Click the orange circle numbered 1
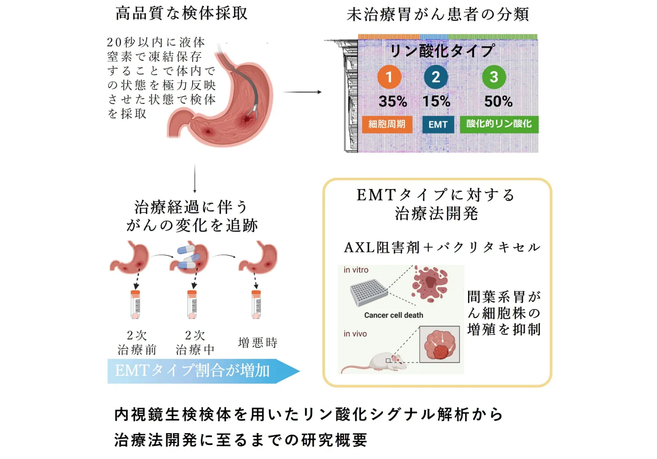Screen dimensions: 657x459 tap(389, 77)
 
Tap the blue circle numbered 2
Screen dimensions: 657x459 tap(436, 77)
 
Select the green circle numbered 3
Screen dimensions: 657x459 tap(494, 77)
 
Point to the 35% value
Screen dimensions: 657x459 tap(393, 101)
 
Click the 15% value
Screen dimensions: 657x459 tap(436, 101)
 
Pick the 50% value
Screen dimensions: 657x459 tap(498, 101)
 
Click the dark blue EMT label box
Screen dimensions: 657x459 tap(438, 125)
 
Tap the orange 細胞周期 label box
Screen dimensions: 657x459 tap(387, 124)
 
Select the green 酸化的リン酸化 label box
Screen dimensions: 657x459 tap(499, 124)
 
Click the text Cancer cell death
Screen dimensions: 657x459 tap(394, 315)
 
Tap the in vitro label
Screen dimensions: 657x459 tap(356, 270)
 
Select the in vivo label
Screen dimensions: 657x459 tap(355, 334)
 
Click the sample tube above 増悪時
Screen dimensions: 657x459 tap(256, 305)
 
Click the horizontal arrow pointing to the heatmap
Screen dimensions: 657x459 tap(302, 92)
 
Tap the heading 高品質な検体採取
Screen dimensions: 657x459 tap(181, 14)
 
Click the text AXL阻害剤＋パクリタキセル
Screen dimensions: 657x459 tap(442, 248)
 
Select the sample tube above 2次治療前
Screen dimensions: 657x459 tap(135, 305)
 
